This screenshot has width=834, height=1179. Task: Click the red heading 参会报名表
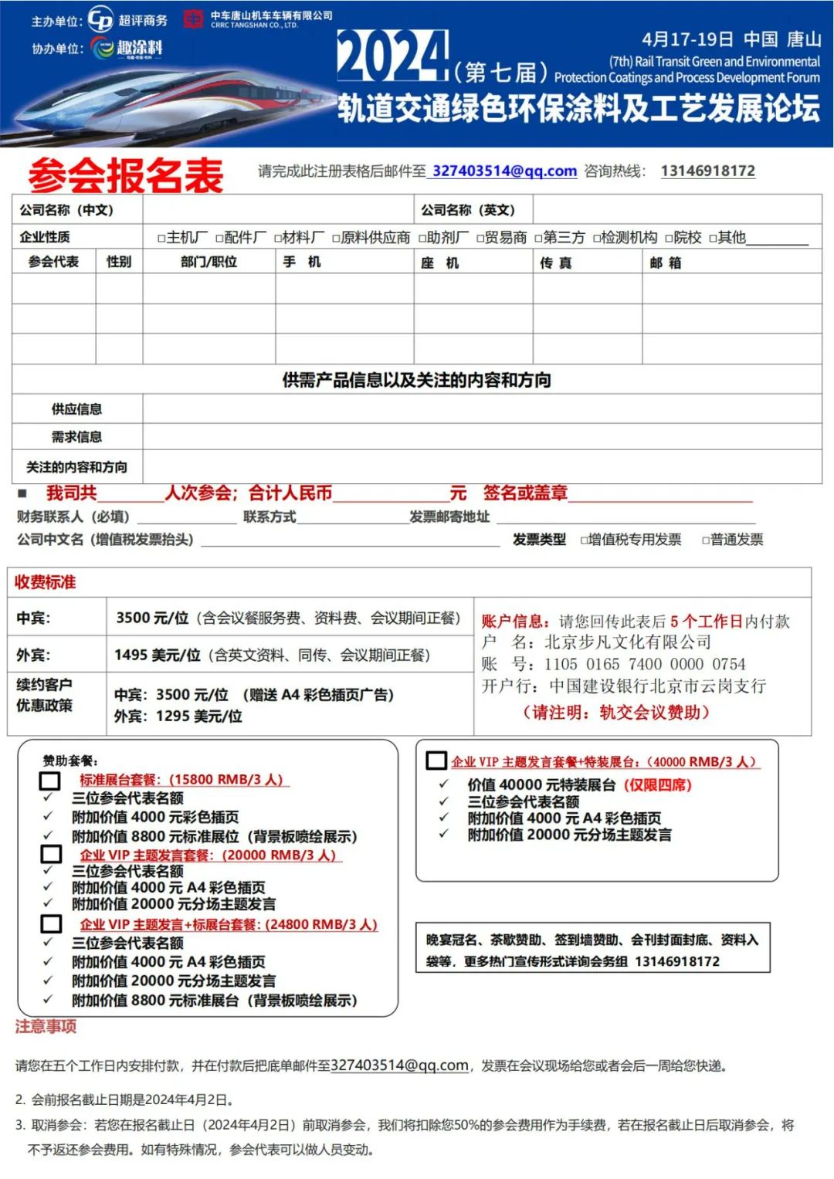pyautogui.click(x=126, y=175)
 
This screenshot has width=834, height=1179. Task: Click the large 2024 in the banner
pyautogui.click(x=392, y=56)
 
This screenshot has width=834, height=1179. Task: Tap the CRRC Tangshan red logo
pyautogui.click(x=193, y=19)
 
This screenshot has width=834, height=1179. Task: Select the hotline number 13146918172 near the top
pyautogui.click(x=707, y=171)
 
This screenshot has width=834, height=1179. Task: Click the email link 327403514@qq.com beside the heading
pyautogui.click(x=504, y=171)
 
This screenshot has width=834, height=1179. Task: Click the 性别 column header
pyautogui.click(x=119, y=262)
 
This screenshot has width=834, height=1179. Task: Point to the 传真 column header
pyautogui.click(x=556, y=263)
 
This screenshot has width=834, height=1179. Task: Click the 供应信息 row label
pyautogui.click(x=76, y=409)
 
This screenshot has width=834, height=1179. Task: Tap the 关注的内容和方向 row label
pyautogui.click(x=76, y=467)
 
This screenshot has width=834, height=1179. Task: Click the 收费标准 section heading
pyautogui.click(x=46, y=582)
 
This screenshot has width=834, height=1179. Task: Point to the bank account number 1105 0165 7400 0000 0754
pyautogui.click(x=645, y=664)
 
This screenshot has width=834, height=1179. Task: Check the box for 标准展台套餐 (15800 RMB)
pyautogui.click(x=50, y=781)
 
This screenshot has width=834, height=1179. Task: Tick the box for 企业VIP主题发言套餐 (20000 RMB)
pyautogui.click(x=51, y=854)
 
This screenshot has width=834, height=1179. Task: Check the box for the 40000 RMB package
pyautogui.click(x=436, y=761)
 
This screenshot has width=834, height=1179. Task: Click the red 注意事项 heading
pyautogui.click(x=46, y=1026)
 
